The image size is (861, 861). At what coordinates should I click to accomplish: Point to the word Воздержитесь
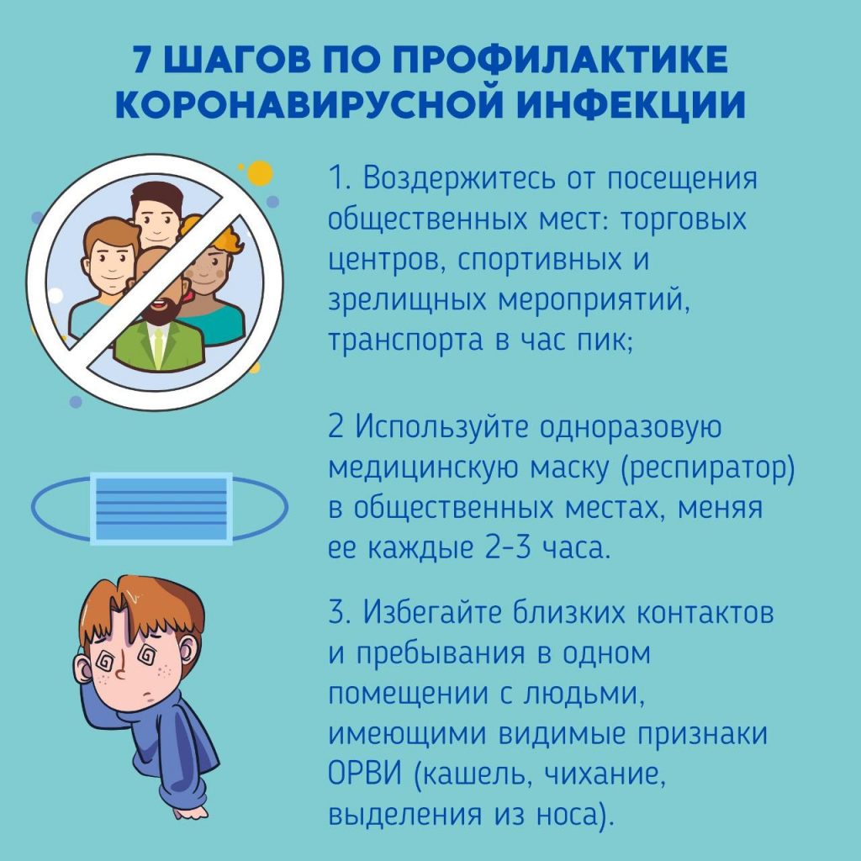458,180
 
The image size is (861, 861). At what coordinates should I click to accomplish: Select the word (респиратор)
707,468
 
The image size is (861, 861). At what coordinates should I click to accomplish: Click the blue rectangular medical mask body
161,509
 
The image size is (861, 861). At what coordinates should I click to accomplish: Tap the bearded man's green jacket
159,345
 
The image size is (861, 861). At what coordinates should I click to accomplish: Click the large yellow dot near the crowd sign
260,173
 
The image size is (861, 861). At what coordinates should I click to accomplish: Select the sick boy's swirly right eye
147,655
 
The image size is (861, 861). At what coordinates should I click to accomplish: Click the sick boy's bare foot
190,812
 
